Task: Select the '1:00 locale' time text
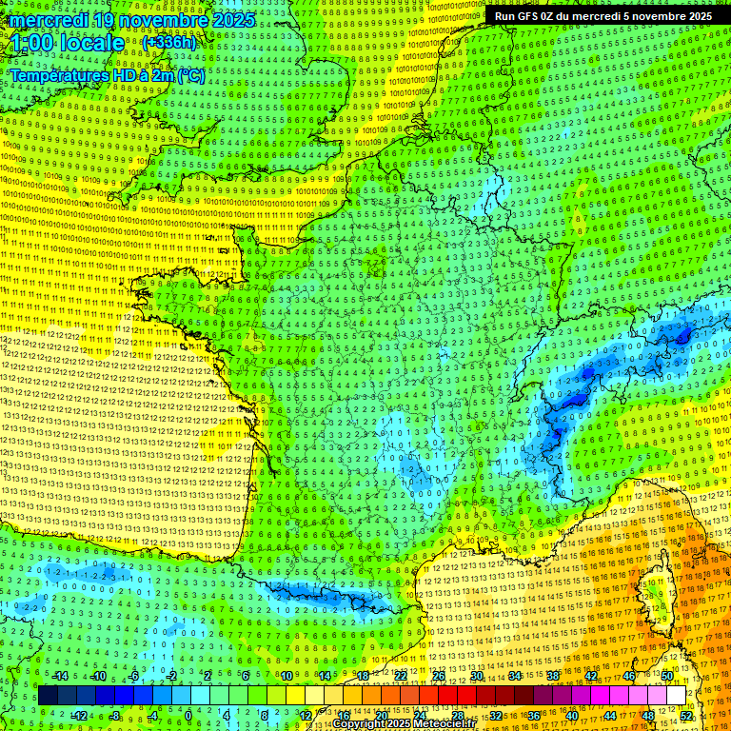click(x=68, y=44)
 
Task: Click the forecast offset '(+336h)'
click(x=168, y=43)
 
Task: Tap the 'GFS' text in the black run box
click(x=525, y=16)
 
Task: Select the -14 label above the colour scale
click(x=59, y=676)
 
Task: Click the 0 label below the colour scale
click(x=188, y=715)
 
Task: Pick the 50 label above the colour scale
click(x=667, y=676)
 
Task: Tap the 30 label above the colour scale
click(x=477, y=676)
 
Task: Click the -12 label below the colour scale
click(x=79, y=715)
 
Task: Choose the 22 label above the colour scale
click(x=401, y=676)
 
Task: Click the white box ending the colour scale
click(x=675, y=696)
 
